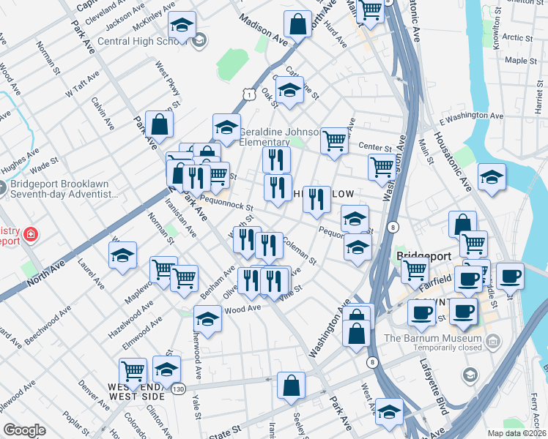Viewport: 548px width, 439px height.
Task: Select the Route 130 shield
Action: pyautogui.click(x=178, y=389)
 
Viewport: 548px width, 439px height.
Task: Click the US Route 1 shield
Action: pyautogui.click(x=250, y=94)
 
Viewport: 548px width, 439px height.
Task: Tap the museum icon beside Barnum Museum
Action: pyautogui.click(x=493, y=341)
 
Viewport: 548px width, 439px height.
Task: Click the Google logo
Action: pyautogui.click(x=23, y=430)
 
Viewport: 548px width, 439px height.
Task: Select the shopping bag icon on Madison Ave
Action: pyautogui.click(x=298, y=24)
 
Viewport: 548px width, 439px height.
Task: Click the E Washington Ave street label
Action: pyautogui.click(x=471, y=117)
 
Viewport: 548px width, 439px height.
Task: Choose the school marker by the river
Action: pyautogui.click(x=492, y=177)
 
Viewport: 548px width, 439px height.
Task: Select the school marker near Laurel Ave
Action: pyautogui.click(x=122, y=255)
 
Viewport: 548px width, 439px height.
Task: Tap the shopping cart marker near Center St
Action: pyautogui.click(x=334, y=139)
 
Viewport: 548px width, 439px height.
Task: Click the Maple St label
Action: pyautogui.click(x=521, y=61)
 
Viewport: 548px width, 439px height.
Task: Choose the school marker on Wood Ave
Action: pyautogui.click(x=208, y=319)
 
